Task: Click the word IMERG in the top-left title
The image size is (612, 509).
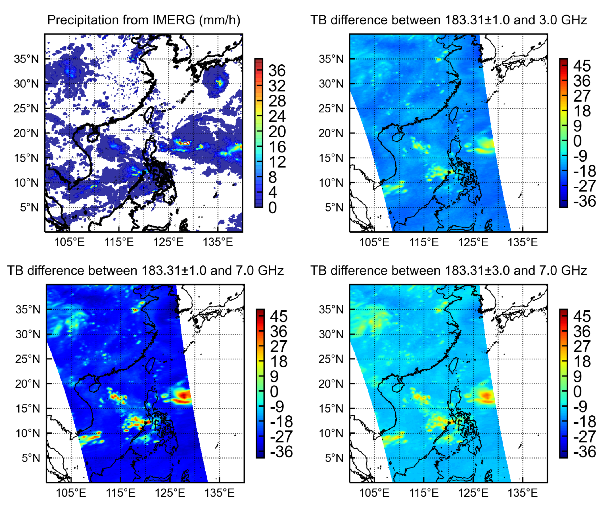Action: click(174, 20)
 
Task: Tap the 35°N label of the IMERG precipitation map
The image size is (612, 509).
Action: click(26, 59)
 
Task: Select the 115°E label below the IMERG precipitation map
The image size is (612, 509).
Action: click(119, 242)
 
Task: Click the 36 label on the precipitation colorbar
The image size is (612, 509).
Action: click(277, 71)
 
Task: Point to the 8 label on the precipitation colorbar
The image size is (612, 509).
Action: click(273, 177)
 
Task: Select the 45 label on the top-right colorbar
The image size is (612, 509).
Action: click(582, 66)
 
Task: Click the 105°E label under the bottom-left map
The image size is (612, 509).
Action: click(71, 493)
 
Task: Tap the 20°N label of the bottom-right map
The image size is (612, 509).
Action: click(331, 384)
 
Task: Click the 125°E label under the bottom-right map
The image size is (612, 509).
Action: click(473, 493)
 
